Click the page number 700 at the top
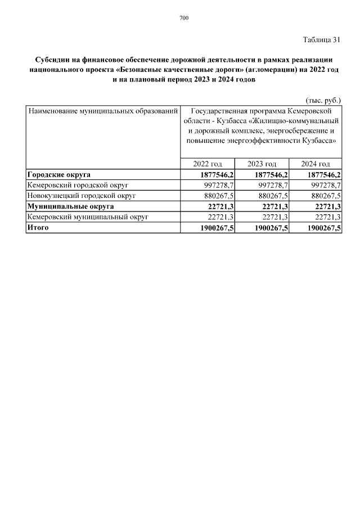tap(184, 18)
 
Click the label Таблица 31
tap(322, 39)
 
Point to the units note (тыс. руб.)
tap(323, 100)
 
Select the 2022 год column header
tap(207, 164)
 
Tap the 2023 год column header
tap(262, 164)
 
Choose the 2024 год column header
tap(316, 164)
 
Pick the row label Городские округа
tap(59, 174)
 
